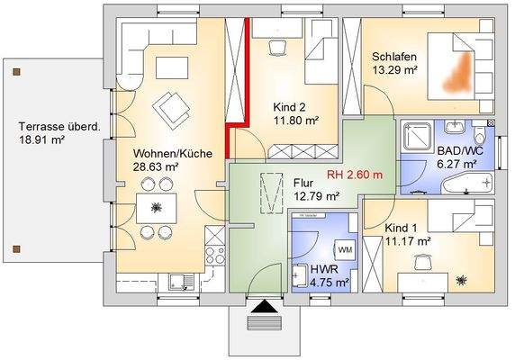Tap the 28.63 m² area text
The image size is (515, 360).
[x=156, y=167]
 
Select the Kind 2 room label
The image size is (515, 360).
[x=289, y=106]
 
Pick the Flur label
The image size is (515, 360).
[x=304, y=182]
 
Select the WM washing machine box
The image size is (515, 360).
[x=346, y=248]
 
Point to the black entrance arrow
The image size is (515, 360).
[x=263, y=308]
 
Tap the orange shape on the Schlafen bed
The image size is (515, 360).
[x=459, y=70]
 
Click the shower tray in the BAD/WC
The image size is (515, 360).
[x=416, y=135]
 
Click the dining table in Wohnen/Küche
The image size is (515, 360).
[x=157, y=208]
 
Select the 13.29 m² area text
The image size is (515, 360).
[x=394, y=69]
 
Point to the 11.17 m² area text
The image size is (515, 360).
[x=407, y=241]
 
